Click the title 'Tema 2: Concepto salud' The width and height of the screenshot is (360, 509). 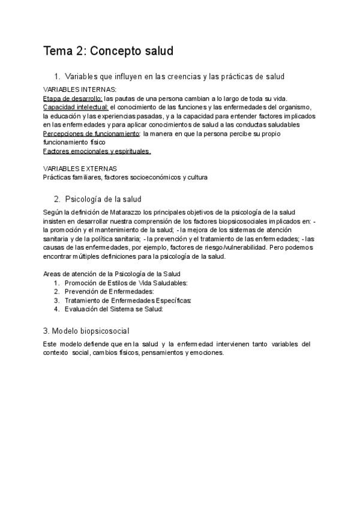point(108,51)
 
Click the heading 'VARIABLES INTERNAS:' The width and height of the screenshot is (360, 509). point(75,89)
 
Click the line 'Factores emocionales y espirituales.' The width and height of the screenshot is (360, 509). point(97,151)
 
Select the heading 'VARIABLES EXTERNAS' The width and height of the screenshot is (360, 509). point(80,169)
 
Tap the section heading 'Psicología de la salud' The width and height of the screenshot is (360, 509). point(103,199)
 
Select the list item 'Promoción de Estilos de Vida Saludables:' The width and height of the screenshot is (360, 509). point(126,283)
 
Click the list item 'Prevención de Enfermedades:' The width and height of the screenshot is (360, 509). point(104,292)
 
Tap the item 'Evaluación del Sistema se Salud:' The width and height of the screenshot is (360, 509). point(113,309)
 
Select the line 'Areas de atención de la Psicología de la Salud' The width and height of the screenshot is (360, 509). point(113,274)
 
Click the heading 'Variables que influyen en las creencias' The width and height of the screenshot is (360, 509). point(174,76)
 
